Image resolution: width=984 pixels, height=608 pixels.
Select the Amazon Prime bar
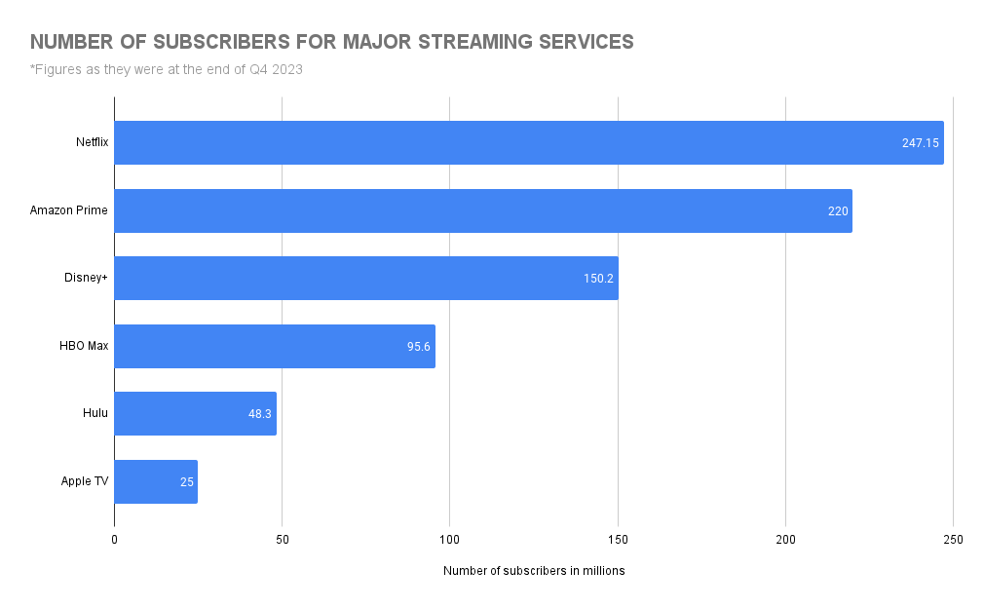tap(482, 210)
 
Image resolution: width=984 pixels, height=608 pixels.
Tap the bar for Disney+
tap(365, 279)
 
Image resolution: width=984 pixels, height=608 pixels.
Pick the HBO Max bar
tap(274, 346)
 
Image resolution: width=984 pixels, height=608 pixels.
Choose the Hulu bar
tap(195, 414)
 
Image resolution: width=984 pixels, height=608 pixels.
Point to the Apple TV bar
tap(156, 481)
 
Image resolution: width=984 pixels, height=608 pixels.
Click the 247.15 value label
tap(920, 142)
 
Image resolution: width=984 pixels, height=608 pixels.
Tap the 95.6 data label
tap(419, 346)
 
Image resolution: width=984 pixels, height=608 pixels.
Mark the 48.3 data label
tap(260, 414)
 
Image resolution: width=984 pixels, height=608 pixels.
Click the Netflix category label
tap(92, 142)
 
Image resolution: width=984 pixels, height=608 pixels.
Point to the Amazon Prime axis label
tap(69, 210)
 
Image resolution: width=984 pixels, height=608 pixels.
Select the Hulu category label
tap(95, 414)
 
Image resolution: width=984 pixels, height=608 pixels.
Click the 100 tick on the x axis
tap(449, 540)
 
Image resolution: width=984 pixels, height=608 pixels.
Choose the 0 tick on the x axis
tap(115, 540)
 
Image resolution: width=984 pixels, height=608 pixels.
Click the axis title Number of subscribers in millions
tap(534, 571)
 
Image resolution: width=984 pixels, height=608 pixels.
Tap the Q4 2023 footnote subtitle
tap(166, 68)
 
